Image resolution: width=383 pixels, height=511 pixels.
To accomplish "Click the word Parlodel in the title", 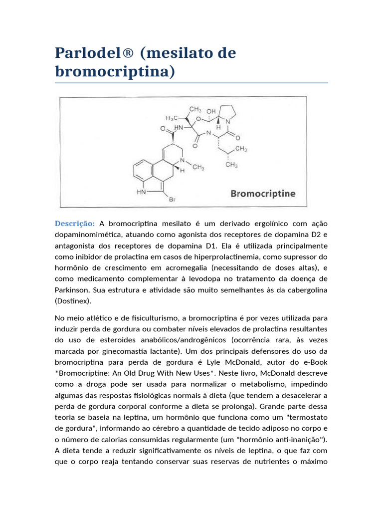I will coord(86,53).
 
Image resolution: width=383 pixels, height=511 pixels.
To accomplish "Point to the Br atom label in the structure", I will coord(173,200).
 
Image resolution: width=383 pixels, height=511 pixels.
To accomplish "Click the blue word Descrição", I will coord(74,223).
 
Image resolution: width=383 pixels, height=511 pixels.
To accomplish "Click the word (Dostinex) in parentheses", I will coord(74,301).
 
